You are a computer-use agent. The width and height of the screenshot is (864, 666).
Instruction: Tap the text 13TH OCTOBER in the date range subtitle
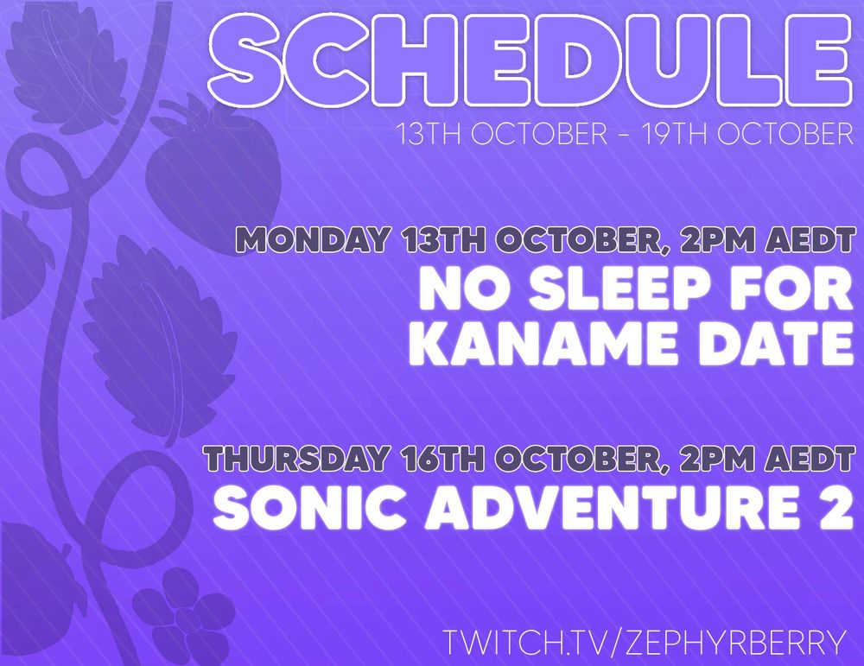pyautogui.click(x=503, y=135)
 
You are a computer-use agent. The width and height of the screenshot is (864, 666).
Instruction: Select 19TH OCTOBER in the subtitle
pyautogui.click(x=747, y=135)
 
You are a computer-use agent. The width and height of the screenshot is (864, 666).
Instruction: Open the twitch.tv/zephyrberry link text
pyautogui.click(x=644, y=641)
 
